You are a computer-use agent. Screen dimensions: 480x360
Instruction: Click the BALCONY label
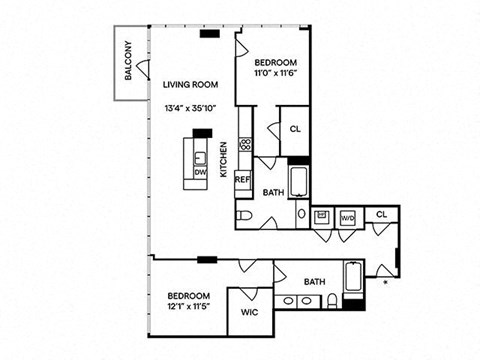128,60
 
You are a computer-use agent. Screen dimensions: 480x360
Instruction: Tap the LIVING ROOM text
190,85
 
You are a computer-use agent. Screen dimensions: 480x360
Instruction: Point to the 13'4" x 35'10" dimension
191,108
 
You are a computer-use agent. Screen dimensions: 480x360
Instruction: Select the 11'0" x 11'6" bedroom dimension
276,73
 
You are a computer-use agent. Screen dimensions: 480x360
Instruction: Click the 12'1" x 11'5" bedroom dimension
189,306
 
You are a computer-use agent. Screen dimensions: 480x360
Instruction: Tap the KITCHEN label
224,160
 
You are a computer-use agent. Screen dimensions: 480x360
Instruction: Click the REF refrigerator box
243,180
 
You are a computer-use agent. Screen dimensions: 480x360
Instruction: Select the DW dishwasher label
200,172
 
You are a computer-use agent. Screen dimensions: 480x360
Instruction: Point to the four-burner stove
245,144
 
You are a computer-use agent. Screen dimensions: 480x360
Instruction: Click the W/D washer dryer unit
348,218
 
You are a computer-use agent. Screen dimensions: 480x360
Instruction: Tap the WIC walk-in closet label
249,313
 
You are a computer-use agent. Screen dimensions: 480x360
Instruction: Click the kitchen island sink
200,158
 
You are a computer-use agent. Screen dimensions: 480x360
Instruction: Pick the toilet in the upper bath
243,215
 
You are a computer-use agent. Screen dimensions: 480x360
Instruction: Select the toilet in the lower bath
333,301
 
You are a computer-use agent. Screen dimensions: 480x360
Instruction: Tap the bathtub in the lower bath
354,277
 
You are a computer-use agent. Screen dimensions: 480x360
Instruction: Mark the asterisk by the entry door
386,282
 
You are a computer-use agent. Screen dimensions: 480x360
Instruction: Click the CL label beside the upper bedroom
295,129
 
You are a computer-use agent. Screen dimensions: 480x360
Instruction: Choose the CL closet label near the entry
382,214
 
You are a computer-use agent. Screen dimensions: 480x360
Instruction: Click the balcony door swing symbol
142,69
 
